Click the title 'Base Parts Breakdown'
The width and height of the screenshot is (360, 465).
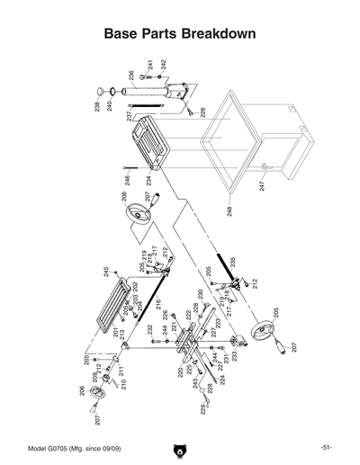[180, 33]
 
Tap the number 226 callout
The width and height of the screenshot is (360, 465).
[203, 112]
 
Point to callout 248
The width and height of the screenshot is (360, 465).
[229, 212]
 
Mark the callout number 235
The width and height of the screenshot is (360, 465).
[233, 263]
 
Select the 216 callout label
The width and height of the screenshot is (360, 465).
[157, 306]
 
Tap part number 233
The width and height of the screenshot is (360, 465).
[236, 355]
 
